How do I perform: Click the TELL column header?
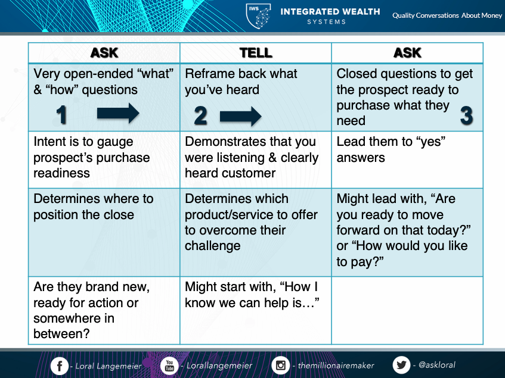[x=256, y=53]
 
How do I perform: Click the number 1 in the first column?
[x=61, y=115]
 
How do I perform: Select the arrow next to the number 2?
[x=241, y=116]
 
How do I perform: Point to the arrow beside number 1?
[x=118, y=113]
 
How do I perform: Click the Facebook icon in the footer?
[x=60, y=365]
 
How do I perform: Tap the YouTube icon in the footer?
[x=169, y=365]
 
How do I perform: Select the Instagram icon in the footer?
[x=280, y=365]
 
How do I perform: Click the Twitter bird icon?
[x=401, y=365]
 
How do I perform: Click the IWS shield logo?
[x=258, y=15]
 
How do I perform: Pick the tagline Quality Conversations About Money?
[x=447, y=15]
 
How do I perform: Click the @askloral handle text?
[x=436, y=365]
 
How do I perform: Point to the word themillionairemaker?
[x=336, y=365]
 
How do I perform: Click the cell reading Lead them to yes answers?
[x=407, y=160]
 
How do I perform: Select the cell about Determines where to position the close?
[x=104, y=232]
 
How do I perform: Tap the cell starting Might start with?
[x=256, y=310]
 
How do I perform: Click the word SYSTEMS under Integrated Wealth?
[x=326, y=22]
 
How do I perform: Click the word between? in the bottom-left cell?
[x=61, y=333]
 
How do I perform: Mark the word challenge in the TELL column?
[x=213, y=246]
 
